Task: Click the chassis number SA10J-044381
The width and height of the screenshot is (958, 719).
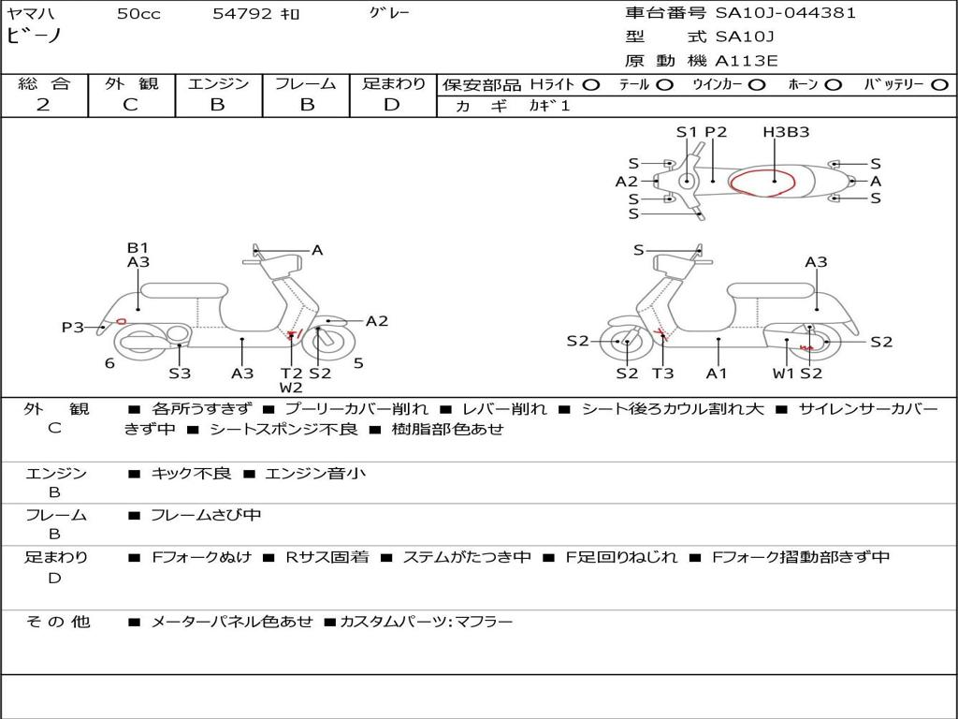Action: (x=785, y=13)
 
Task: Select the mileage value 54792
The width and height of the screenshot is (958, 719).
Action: (x=242, y=14)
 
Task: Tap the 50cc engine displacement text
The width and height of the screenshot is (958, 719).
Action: (x=138, y=14)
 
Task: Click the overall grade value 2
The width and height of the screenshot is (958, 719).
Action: (x=43, y=105)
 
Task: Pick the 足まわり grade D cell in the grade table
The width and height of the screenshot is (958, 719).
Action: (x=392, y=105)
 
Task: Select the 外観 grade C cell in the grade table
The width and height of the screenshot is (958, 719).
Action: (x=131, y=105)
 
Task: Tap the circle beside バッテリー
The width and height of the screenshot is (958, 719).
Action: (x=939, y=85)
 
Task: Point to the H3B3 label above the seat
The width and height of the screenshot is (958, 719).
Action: (x=786, y=132)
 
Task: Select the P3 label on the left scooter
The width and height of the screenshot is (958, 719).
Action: (x=73, y=327)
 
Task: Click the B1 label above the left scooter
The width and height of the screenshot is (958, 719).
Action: (x=138, y=248)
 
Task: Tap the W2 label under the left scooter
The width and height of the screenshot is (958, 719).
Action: (x=291, y=388)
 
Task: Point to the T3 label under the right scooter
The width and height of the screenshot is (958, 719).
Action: (x=662, y=374)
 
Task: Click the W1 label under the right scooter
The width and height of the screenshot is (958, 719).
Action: (x=783, y=374)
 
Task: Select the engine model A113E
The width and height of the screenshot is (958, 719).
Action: (x=747, y=61)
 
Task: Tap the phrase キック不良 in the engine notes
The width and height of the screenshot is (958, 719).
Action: (x=191, y=474)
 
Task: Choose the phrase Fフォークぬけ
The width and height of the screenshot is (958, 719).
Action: (x=201, y=557)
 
